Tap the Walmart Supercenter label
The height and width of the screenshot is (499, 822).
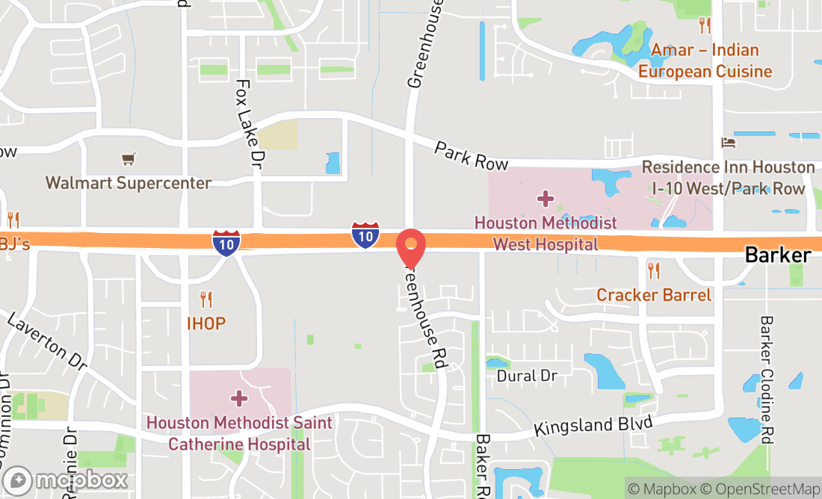point(129,182)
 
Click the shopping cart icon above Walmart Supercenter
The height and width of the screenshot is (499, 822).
point(129,159)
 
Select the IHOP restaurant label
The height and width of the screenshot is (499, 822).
point(206,323)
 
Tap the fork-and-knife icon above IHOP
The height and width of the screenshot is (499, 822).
point(206,300)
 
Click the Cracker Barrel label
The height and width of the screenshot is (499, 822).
point(654,295)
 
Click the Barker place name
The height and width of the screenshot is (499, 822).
point(778,255)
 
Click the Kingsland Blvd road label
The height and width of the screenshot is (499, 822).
point(593,427)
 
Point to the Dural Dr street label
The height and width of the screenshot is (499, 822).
point(527,376)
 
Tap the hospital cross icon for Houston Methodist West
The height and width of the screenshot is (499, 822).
point(546,199)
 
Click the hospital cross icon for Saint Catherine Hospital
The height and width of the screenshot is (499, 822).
point(239,398)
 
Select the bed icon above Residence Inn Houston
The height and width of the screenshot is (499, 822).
point(728,143)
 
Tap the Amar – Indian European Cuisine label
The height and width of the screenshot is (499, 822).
point(705,61)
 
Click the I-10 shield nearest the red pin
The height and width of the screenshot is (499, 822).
point(365,235)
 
